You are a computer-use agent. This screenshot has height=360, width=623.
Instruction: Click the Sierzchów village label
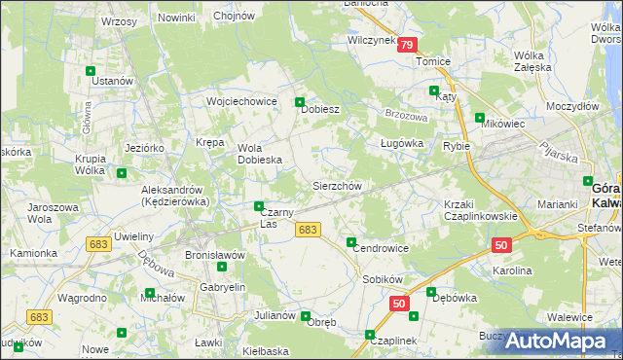[337, 186]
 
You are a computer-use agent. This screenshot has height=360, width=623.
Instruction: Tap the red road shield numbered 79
[408, 45]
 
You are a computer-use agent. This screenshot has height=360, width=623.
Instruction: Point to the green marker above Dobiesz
[300, 101]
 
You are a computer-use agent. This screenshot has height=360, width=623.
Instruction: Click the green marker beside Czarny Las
[258, 206]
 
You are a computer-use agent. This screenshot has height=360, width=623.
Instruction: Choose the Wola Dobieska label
[260, 154]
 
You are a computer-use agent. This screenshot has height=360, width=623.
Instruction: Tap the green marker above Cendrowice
[351, 241]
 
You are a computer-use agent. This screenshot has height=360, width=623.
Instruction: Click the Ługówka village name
[401, 144]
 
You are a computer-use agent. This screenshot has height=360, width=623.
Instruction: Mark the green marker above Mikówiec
[479, 118]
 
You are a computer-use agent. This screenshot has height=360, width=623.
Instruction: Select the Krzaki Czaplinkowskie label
[480, 210]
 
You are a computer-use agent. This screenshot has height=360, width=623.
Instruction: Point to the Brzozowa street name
[406, 115]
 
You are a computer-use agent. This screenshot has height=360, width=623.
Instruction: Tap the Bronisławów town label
[214, 255]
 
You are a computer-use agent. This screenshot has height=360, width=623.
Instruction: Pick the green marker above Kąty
[433, 90]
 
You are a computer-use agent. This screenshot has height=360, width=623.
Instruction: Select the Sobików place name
[383, 279]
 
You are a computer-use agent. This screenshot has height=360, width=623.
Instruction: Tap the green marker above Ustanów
[91, 71]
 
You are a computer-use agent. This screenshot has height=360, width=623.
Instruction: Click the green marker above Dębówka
[430, 292]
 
